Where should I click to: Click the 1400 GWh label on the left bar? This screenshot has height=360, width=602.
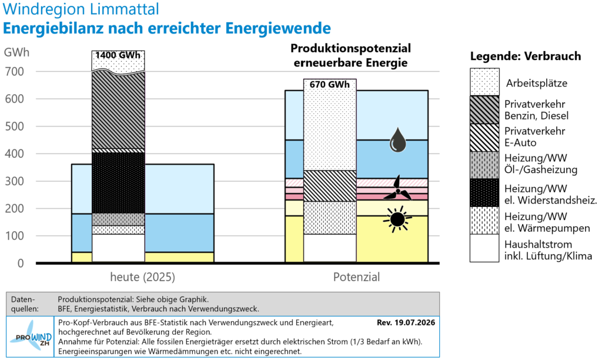(118, 55)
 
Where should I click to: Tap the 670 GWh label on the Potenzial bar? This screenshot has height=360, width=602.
(330, 84)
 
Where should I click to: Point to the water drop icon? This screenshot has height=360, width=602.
(398, 140)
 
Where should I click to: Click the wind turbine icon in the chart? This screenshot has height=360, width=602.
(397, 188)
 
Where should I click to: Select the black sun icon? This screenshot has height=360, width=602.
(397, 219)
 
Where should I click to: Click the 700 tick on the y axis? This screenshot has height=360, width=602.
(14, 71)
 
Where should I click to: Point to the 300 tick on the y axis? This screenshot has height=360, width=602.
(14, 181)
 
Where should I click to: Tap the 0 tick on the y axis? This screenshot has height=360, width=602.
(21, 263)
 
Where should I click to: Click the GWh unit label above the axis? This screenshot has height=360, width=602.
(16, 52)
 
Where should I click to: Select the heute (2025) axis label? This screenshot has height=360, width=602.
(142, 277)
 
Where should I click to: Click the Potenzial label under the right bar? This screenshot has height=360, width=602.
(356, 277)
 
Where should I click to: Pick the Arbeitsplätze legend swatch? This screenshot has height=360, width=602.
(484, 82)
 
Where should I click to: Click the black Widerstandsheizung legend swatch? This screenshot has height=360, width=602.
(484, 193)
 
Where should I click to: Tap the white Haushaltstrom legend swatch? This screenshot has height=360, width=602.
(484, 248)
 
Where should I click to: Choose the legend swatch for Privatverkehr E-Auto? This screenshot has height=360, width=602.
(484, 138)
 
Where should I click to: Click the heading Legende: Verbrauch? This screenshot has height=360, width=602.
(526, 56)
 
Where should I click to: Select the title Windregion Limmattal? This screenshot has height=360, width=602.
(81, 9)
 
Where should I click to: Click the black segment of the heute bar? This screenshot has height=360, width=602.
(118, 183)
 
